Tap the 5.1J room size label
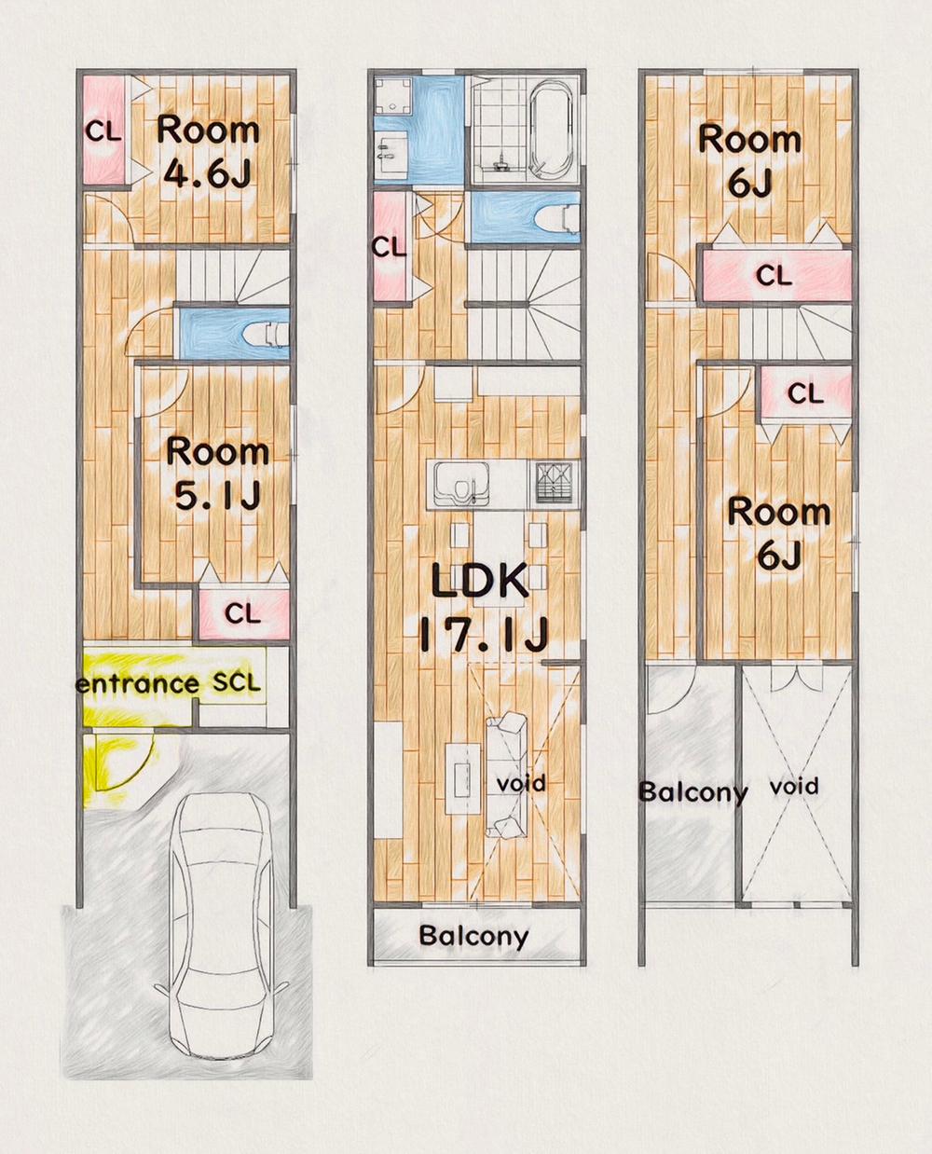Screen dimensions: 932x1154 coord(218,495)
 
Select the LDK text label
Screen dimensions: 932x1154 coord(479,580)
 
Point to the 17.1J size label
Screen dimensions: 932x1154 coord(484,635)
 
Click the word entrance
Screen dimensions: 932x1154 coord(138,684)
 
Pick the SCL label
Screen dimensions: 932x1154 coord(236,682)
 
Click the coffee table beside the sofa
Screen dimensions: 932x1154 coord(463,778)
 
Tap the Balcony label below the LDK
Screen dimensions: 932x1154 coord(473,936)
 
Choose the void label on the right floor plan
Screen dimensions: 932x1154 coord(794,786)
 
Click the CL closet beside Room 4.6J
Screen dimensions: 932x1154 coord(103,131)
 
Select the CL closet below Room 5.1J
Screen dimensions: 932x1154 coord(243,614)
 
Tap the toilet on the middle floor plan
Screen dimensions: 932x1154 coord(557,219)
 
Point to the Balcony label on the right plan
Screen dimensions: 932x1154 coord(693,792)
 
